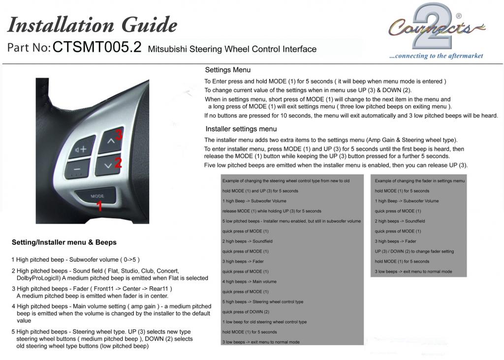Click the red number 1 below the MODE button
(99, 205)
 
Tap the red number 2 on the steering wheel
(118, 163)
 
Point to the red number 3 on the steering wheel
(119, 134)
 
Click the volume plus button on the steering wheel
(82, 148)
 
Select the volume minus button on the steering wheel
(78, 170)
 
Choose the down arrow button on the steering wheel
(108, 165)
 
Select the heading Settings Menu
(227, 70)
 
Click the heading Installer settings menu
(241, 129)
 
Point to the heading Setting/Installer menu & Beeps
(64, 242)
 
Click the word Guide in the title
(148, 25)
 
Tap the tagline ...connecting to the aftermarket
(436, 56)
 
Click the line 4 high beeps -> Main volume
(249, 282)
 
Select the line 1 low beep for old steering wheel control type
(264, 322)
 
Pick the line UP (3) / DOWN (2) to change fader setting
(414, 252)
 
